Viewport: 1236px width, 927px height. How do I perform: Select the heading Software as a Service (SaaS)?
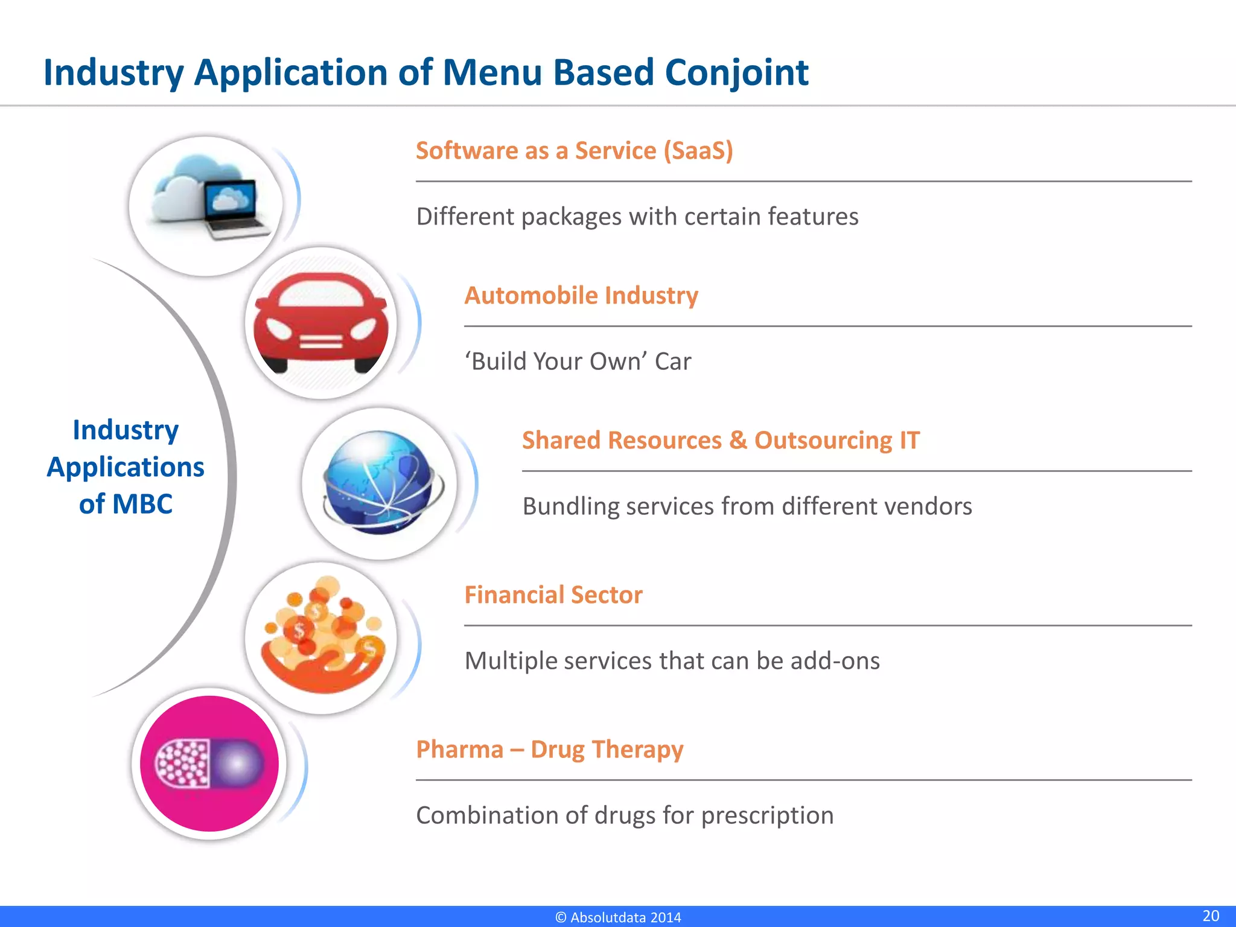(x=574, y=150)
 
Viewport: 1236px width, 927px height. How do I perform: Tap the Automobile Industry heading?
(x=581, y=295)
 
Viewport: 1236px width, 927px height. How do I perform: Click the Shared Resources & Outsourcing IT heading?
(x=721, y=440)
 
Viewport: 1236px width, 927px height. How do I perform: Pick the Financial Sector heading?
(x=553, y=594)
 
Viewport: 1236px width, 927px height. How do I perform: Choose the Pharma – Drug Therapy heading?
(x=549, y=749)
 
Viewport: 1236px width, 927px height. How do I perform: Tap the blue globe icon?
(x=379, y=483)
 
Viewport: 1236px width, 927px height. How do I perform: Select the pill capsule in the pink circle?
(x=209, y=763)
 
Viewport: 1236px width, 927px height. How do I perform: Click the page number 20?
(x=1210, y=916)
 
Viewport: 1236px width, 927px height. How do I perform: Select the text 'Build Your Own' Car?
(x=578, y=361)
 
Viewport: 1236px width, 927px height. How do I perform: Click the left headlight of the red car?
(x=279, y=329)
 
